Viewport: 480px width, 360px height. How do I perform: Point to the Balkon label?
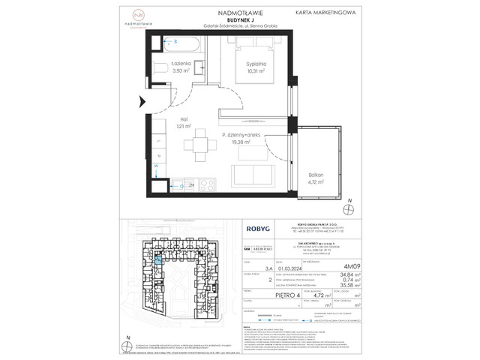pos(315,174)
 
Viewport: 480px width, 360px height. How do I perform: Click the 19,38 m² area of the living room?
pos(239,141)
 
